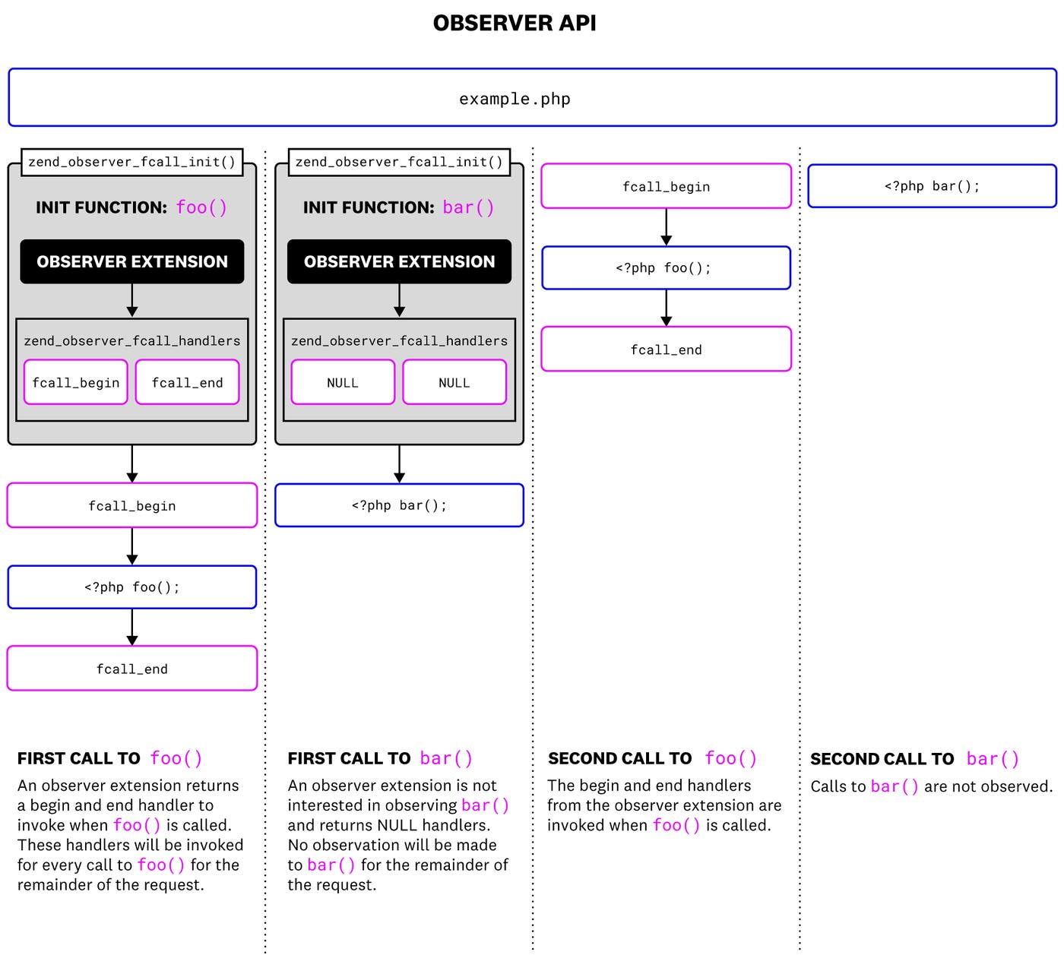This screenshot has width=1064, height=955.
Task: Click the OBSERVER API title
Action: [515, 23]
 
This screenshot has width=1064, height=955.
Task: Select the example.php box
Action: [532, 98]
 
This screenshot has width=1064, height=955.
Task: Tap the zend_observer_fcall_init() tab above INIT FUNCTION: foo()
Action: [131, 162]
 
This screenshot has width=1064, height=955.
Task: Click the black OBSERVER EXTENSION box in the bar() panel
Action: [399, 261]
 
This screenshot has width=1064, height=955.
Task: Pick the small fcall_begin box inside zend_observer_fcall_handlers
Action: [75, 382]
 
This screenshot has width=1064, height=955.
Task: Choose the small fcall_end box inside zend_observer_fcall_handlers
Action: [187, 382]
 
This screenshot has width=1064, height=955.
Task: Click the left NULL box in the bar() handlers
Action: [343, 382]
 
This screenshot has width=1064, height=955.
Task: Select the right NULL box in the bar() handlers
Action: [454, 382]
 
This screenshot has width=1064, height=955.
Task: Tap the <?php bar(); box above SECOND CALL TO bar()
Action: [932, 186]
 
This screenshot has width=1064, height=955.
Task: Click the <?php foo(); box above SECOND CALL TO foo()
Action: [666, 267]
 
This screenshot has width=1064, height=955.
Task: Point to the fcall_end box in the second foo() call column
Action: [666, 349]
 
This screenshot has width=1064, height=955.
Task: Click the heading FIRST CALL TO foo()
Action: [110, 758]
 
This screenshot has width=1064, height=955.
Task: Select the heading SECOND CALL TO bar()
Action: [914, 759]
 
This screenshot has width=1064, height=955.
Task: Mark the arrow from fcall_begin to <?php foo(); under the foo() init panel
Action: [132, 546]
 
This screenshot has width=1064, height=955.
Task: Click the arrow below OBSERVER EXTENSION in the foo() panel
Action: [132, 301]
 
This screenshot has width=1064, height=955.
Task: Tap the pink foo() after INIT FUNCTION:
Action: [201, 207]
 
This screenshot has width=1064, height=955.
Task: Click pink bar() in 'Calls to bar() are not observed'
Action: [894, 786]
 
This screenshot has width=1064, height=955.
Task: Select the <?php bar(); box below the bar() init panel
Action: [399, 505]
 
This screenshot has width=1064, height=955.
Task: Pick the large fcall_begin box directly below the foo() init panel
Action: [132, 505]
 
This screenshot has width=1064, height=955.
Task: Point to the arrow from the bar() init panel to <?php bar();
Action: [399, 464]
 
